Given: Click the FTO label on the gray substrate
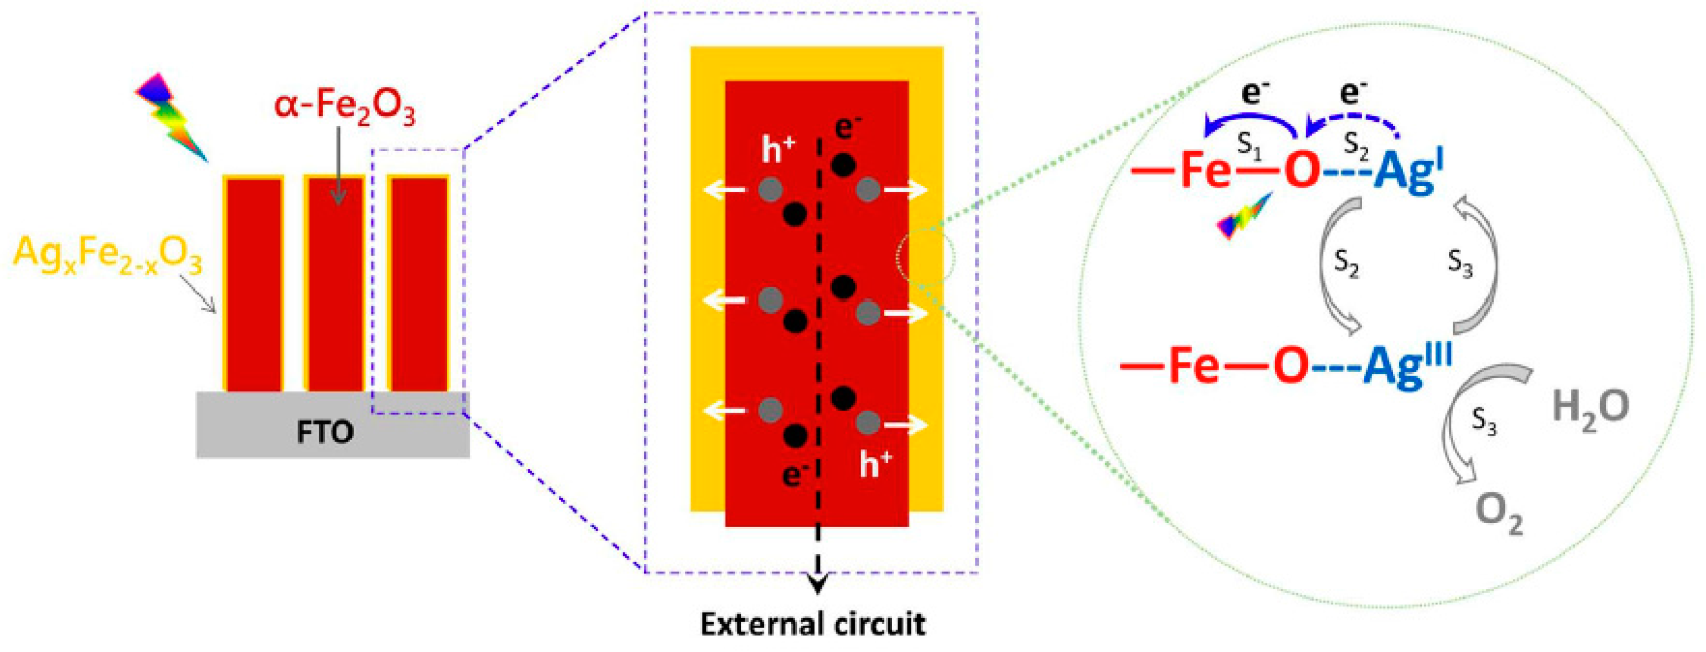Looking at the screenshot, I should [324, 432].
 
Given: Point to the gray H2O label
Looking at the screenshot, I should [1590, 408].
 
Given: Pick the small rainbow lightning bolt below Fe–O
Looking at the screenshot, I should [1245, 215].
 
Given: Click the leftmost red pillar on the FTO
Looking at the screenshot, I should [253, 285].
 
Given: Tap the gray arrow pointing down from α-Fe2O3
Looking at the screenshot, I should [338, 165].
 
